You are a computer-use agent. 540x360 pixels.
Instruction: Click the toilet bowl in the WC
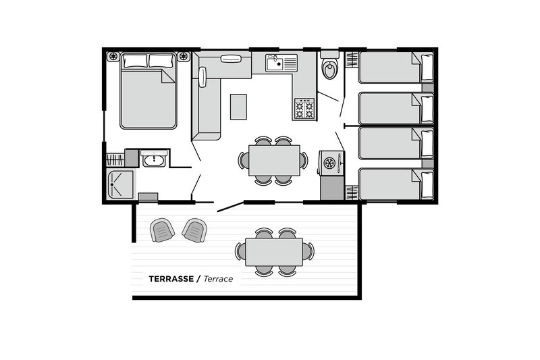coord(330,70)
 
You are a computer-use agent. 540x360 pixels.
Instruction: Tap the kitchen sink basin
coord(275,63)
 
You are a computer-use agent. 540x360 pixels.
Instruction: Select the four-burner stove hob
coord(304,109)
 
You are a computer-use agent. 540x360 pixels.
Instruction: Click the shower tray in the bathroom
coord(121,184)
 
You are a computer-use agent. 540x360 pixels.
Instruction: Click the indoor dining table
coord(274,161)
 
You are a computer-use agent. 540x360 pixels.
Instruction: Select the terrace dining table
coord(274,252)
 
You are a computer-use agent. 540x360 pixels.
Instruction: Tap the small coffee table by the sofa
coord(238,107)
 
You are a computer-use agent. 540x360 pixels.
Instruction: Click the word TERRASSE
coord(171,279)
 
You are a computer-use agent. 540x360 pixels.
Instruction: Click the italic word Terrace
coord(218,279)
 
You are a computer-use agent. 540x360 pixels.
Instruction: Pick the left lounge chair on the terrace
coord(162,230)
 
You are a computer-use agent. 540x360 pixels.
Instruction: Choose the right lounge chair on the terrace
coord(195,230)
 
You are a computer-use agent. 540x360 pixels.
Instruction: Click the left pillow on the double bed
coord(136,61)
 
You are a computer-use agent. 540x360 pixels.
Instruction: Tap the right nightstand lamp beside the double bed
coord(184,56)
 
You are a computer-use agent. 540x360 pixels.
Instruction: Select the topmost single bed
coord(396,68)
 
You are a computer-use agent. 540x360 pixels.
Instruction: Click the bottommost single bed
coord(396,184)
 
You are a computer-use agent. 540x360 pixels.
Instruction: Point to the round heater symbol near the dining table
coord(329,163)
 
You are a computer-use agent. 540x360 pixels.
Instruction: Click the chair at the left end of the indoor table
coord(244,161)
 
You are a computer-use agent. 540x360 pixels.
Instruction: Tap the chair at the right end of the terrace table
coord(308,251)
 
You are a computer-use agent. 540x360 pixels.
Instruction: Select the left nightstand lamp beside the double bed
coord(113,56)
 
